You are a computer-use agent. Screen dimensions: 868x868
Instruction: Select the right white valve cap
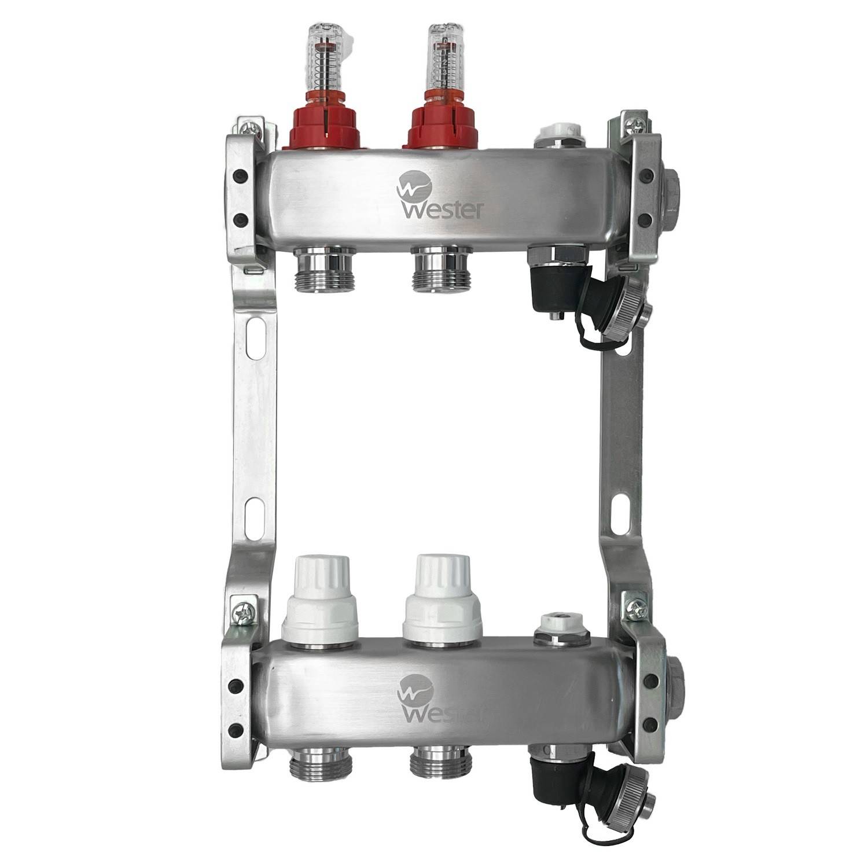[443, 599]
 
